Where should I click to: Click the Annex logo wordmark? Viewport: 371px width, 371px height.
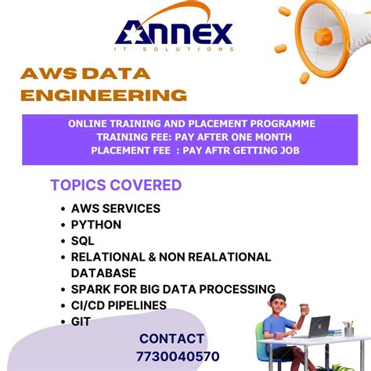point(175,32)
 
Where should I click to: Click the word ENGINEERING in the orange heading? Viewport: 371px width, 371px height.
point(103,95)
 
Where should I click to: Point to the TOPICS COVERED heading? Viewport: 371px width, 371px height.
point(116,185)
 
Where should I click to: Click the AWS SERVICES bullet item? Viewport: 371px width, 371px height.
point(115,209)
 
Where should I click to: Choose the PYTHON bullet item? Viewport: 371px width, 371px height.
point(96,225)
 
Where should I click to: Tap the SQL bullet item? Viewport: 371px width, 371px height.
point(82,240)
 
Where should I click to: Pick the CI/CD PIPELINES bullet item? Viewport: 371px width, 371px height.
point(118,304)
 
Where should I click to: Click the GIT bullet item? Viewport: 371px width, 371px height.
point(81,320)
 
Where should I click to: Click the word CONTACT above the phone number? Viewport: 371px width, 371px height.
point(172,339)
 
